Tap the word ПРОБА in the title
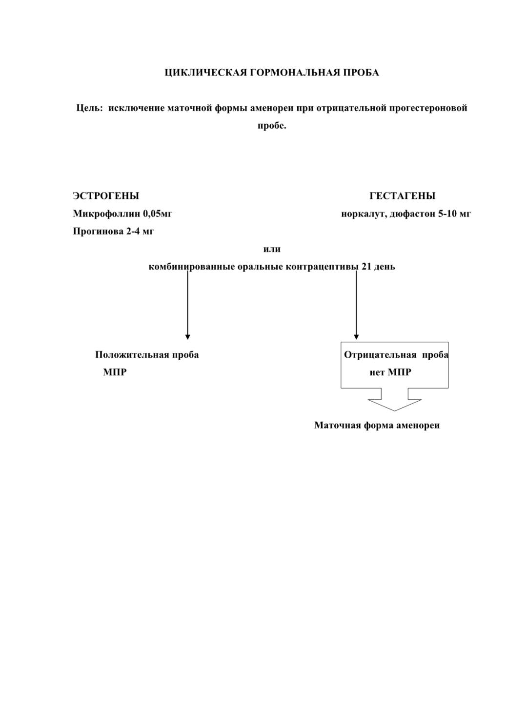(361, 73)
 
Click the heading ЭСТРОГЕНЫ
(106, 196)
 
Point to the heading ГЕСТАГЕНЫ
(403, 196)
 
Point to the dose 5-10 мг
(454, 213)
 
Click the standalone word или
(272, 249)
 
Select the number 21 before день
(366, 266)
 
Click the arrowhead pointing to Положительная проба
(188, 337)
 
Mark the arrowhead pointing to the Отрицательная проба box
(356, 337)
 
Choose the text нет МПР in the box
(390, 372)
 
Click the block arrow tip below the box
(394, 411)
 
